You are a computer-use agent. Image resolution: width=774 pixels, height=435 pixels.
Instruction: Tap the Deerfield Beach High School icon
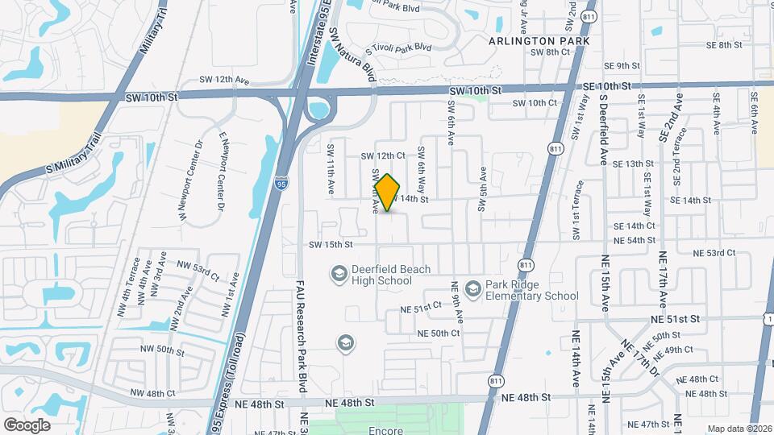(339, 275)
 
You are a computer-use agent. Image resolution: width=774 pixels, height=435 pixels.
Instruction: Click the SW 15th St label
(330, 244)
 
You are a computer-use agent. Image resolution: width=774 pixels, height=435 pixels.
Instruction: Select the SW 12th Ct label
(382, 155)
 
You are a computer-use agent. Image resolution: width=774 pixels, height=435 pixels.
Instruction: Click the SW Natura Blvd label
(353, 53)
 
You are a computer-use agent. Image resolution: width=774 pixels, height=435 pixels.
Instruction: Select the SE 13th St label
(633, 164)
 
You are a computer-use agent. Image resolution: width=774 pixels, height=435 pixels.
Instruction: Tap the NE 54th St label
(634, 240)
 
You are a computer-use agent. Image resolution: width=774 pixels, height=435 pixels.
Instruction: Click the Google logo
(27, 425)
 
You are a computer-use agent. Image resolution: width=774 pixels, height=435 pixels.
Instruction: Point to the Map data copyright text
(739, 429)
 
